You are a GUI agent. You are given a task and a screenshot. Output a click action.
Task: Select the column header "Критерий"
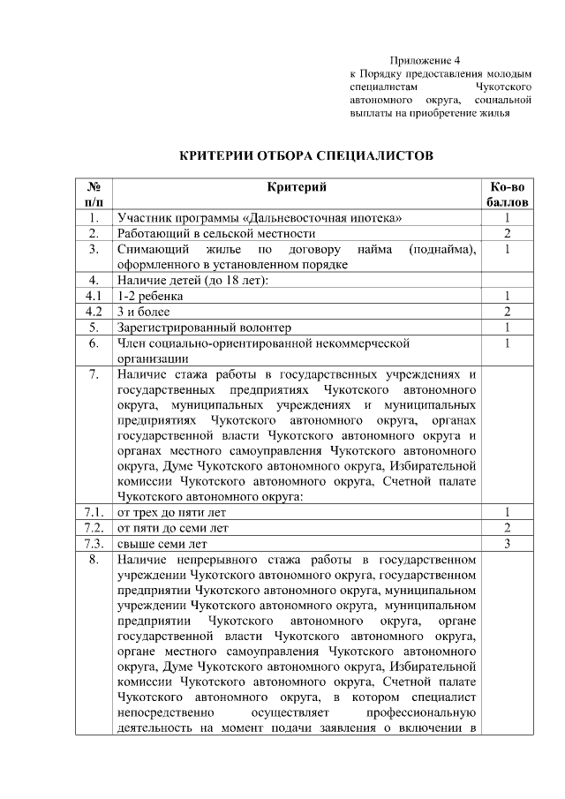(297, 187)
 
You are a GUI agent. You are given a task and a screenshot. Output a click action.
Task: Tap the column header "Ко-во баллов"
(508, 194)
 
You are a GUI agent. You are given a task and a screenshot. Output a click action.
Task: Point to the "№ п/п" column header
(93, 194)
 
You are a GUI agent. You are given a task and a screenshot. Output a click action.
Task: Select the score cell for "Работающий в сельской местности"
(508, 234)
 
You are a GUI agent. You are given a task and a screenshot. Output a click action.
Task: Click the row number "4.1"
(93, 297)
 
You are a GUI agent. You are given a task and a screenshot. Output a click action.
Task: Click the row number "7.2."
(93, 528)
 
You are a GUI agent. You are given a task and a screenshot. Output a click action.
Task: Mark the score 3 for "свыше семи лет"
(508, 544)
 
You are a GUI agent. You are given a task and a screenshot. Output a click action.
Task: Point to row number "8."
(93, 560)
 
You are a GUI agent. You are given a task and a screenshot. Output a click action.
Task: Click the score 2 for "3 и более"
(508, 313)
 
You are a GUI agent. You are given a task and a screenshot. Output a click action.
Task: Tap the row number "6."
(93, 343)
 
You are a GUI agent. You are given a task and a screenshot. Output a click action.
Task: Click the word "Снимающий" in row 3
(149, 250)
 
